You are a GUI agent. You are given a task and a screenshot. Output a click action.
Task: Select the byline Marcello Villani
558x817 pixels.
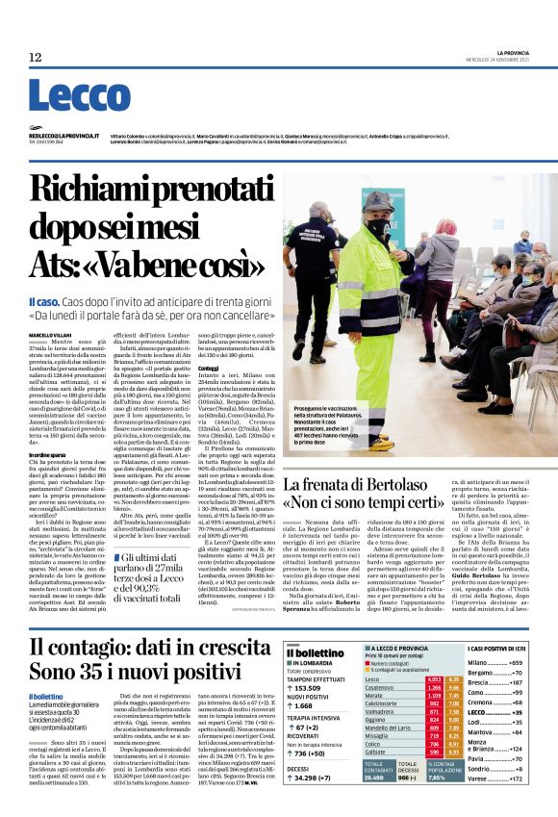[x=49, y=334]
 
